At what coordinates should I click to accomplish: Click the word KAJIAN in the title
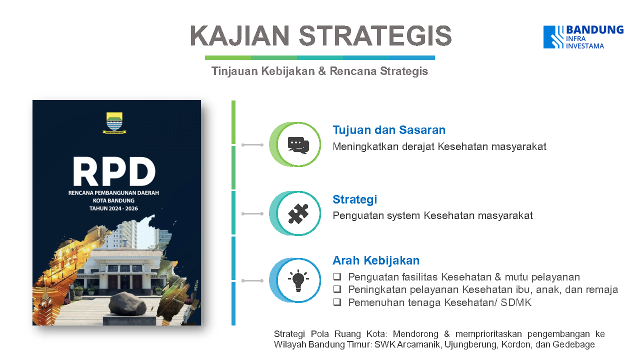coord(239,35)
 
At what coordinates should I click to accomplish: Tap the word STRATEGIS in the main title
coord(375,35)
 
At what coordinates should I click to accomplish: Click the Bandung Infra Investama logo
coord(583,37)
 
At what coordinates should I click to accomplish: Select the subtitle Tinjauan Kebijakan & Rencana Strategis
coord(319,71)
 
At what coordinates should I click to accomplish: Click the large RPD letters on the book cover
coord(114,171)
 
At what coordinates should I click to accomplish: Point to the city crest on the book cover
coord(114,123)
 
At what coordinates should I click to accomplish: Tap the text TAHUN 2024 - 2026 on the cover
coord(113,208)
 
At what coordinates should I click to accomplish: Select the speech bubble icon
coord(298,145)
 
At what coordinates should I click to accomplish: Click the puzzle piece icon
coord(298,213)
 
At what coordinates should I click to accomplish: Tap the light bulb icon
coord(298,280)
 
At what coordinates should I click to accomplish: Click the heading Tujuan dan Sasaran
coord(389,130)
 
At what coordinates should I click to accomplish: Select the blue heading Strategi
coord(354,199)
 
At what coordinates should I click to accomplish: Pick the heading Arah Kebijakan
coord(376,260)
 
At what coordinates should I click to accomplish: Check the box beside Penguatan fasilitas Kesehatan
coord(337,276)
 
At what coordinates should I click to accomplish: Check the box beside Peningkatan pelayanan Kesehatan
coord(337,289)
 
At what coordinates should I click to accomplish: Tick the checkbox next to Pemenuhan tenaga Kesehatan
coord(337,302)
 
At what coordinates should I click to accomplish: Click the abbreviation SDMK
coord(516,302)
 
